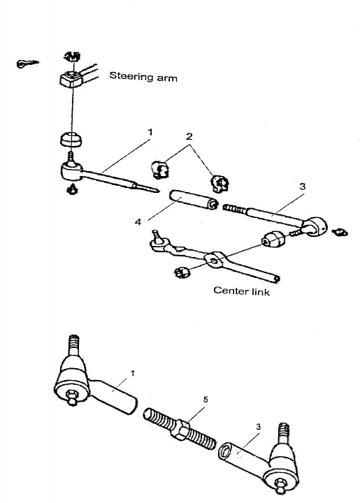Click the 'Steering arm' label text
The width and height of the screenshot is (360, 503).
[143, 77]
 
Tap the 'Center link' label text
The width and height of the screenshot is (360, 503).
[241, 291]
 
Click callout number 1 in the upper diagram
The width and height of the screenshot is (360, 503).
[150, 132]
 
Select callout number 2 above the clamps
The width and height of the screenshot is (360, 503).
[189, 136]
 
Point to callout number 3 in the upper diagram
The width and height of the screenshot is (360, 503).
[302, 187]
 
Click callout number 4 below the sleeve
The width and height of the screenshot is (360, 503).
[138, 222]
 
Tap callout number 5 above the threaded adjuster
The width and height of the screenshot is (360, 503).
[206, 400]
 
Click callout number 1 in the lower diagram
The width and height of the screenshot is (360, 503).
[133, 373]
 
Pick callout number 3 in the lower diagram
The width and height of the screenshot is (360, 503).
[258, 427]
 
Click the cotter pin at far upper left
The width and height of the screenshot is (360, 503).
[27, 63]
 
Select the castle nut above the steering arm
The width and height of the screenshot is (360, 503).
[72, 57]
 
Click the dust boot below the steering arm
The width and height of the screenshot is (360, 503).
[71, 139]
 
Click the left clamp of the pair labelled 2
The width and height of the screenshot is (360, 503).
[160, 169]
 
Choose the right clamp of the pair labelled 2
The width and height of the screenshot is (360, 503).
[219, 184]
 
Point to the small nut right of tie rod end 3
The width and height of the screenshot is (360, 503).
[340, 232]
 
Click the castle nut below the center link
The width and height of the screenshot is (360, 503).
[182, 272]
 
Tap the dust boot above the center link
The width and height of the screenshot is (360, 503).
[273, 239]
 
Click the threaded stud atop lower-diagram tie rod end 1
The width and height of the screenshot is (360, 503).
[74, 345]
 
